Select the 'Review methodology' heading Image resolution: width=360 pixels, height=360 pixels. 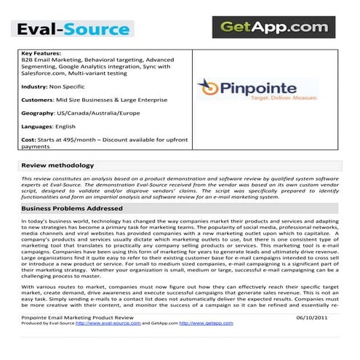tap(57, 166)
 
